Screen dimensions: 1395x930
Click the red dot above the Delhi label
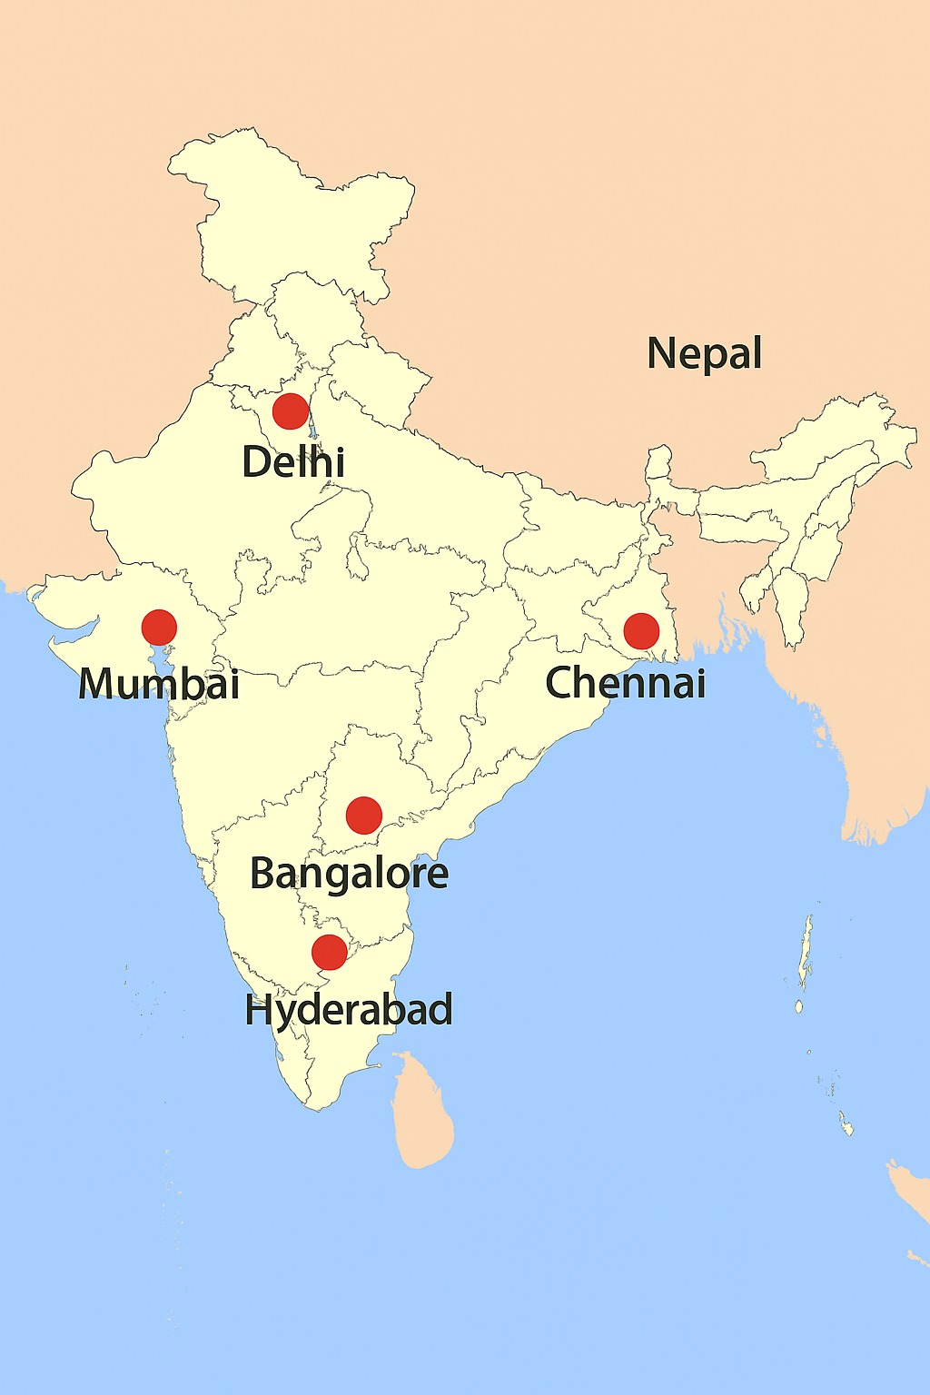(291, 411)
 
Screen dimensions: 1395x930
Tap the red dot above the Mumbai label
(159, 628)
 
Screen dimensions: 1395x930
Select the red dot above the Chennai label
(641, 631)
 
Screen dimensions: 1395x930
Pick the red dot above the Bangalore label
(364, 816)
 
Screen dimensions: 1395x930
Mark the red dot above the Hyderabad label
(329, 952)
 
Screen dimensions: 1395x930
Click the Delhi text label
(293, 462)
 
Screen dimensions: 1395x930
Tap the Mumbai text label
(159, 683)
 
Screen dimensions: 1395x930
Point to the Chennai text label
(626, 683)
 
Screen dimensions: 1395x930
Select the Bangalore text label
(349, 874)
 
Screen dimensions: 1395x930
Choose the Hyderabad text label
(349, 1010)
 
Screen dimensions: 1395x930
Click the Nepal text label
(705, 353)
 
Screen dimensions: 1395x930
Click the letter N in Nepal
(662, 352)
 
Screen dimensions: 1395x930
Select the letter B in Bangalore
(263, 873)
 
